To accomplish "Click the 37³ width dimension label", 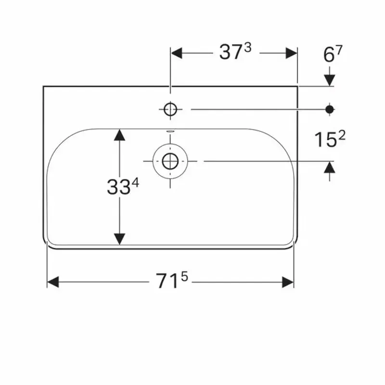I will point(236,52).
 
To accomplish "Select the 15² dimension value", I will point(330,140).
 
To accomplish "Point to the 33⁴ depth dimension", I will point(122,187).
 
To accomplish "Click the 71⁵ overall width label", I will point(171,281).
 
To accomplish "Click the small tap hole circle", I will point(170,110).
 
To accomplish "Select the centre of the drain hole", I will point(170,161).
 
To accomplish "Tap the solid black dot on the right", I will point(330,109).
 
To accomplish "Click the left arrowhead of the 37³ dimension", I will point(177,53).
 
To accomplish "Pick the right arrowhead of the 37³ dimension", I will point(292,53).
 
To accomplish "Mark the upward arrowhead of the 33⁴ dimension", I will point(119,135).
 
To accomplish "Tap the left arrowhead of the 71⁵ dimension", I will point(52,282).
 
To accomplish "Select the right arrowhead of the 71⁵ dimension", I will point(288,282).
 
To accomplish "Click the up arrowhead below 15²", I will point(330,167).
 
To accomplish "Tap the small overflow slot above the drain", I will point(170,131).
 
